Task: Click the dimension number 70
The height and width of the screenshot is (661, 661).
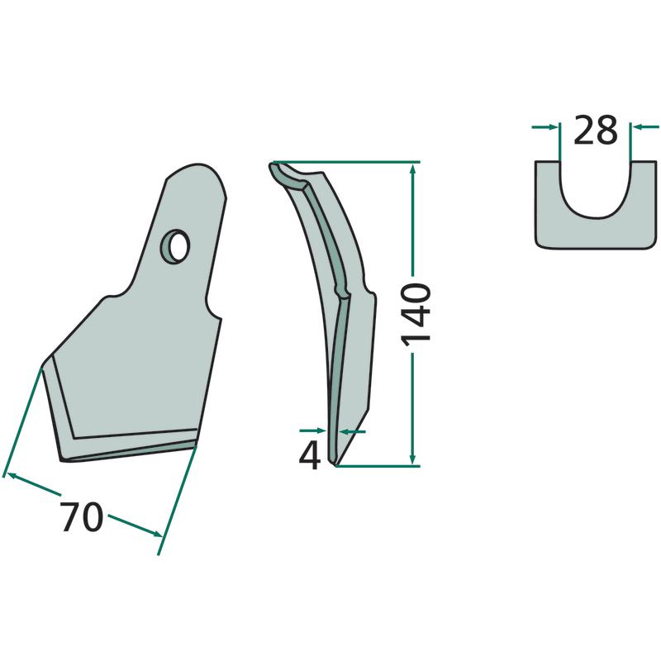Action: click(x=81, y=516)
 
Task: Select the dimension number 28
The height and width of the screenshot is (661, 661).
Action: click(x=595, y=130)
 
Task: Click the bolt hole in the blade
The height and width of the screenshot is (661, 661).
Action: click(x=174, y=246)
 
